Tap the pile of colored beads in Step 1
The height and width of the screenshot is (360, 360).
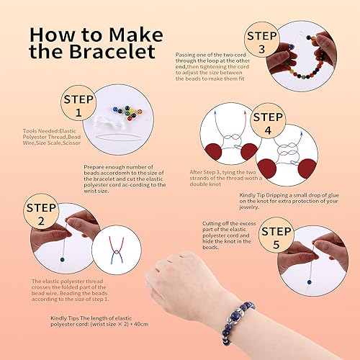132,115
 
